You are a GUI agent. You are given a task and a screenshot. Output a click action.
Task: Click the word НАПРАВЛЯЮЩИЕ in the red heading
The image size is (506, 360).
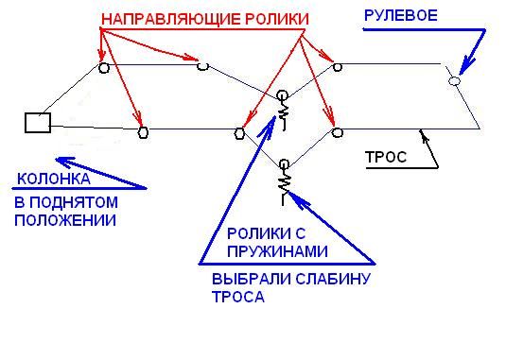(x=170, y=20)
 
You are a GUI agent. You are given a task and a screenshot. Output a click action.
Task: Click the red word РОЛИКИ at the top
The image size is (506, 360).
(x=277, y=19)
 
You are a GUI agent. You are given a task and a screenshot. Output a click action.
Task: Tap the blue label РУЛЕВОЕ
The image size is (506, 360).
(x=401, y=16)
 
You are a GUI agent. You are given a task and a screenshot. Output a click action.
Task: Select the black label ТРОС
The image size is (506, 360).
(x=386, y=157)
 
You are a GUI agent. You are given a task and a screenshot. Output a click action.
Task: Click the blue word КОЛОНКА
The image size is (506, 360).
(x=54, y=179)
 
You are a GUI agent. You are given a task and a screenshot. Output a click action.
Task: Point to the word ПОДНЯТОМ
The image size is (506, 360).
(x=74, y=203)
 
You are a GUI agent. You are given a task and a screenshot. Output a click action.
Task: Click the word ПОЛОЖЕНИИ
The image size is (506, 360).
(x=65, y=220)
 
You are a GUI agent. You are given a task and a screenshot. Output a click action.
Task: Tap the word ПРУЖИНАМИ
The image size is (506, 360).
(x=277, y=251)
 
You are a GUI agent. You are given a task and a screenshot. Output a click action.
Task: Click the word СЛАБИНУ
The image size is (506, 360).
(x=333, y=279)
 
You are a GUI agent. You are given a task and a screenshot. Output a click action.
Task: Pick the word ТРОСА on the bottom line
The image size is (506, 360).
(x=238, y=297)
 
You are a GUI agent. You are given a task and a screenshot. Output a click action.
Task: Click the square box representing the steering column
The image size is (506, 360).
(x=38, y=123)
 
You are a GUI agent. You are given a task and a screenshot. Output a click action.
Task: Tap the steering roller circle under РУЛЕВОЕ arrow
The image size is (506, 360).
(x=454, y=80)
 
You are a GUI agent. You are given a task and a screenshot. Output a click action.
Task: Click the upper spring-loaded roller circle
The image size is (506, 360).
(x=282, y=95)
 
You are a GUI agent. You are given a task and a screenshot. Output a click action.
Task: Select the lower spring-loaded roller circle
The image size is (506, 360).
(x=284, y=164)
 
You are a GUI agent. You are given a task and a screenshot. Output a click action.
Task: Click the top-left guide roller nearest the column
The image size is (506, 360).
(x=104, y=68)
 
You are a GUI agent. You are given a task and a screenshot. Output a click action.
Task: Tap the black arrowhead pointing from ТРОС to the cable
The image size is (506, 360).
(x=424, y=135)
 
